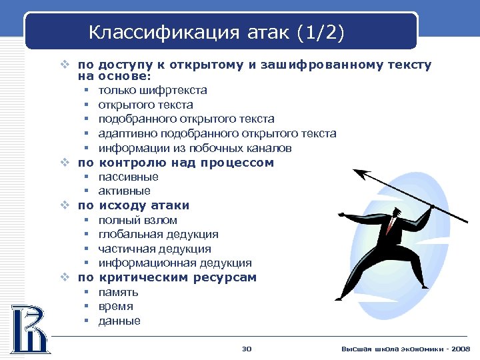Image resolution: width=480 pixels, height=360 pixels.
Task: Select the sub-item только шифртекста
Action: (x=152, y=90)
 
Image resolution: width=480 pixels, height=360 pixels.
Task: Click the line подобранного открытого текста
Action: (x=186, y=119)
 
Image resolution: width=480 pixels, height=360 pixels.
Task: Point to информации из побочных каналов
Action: (x=195, y=148)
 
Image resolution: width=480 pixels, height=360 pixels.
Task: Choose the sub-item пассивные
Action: (x=128, y=177)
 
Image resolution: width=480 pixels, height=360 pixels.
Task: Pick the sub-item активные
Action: (x=124, y=191)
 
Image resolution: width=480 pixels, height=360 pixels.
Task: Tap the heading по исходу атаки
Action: (x=133, y=205)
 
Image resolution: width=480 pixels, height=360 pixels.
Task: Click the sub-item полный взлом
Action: (x=137, y=220)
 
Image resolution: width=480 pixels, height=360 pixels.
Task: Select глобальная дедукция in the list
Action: (x=158, y=235)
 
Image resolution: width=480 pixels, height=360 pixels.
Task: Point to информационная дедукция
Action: (x=175, y=263)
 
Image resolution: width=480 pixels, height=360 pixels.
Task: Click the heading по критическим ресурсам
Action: (x=167, y=277)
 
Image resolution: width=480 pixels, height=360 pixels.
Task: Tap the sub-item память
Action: (x=118, y=292)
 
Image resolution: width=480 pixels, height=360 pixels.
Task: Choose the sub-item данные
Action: (x=119, y=321)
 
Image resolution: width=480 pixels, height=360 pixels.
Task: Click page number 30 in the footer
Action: (x=246, y=349)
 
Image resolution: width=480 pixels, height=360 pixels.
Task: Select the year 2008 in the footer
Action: (x=460, y=349)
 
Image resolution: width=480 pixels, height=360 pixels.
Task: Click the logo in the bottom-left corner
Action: (x=29, y=328)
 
